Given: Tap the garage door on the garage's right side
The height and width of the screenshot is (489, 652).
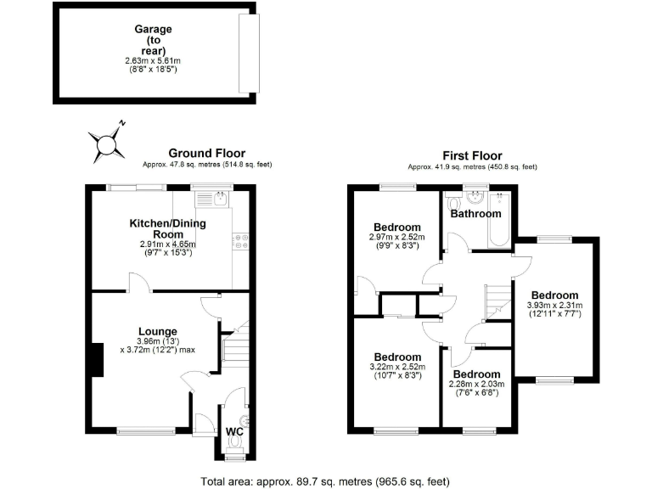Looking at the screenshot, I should pyautogui.click(x=248, y=53).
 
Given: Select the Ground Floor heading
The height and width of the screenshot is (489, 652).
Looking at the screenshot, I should pyautogui.click(x=206, y=153).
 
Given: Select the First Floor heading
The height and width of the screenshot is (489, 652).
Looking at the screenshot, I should pyautogui.click(x=472, y=155).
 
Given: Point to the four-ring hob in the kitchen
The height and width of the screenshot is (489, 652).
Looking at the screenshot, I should pyautogui.click(x=241, y=242).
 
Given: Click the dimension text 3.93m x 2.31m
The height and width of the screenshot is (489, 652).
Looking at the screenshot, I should pyautogui.click(x=554, y=307).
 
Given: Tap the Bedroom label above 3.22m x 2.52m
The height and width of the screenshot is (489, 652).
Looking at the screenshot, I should pyautogui.click(x=397, y=357).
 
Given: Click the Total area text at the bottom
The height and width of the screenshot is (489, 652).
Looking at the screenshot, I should pyautogui.click(x=326, y=480).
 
